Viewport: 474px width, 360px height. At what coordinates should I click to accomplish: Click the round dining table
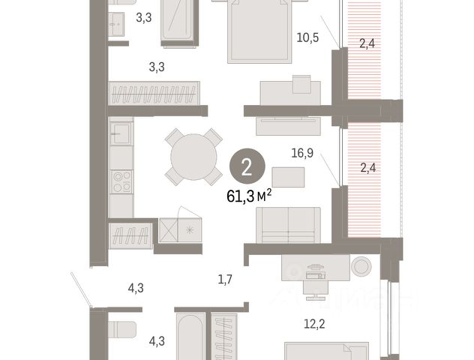pyautogui.click(x=193, y=157)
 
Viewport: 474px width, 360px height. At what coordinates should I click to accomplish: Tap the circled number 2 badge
pyautogui.click(x=247, y=166)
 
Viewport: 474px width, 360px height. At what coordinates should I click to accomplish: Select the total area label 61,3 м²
pyautogui.click(x=249, y=196)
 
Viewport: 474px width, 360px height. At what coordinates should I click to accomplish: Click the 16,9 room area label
pyautogui.click(x=302, y=153)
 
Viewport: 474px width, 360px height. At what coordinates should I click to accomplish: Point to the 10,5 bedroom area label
pyautogui.click(x=307, y=37)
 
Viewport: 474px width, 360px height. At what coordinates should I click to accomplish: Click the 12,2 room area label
pyautogui.click(x=314, y=324)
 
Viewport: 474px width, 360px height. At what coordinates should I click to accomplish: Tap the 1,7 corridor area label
pyautogui.click(x=225, y=279)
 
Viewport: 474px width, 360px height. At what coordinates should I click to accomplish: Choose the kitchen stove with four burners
pyautogui.click(x=121, y=182)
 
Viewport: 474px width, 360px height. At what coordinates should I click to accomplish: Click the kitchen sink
pyautogui.click(x=121, y=133)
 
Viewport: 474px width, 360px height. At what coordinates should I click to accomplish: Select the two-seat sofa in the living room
pyautogui.click(x=288, y=225)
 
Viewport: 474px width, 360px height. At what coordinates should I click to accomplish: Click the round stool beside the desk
pyautogui.click(x=361, y=266)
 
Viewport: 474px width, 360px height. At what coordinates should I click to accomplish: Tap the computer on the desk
pyautogui.click(x=316, y=271)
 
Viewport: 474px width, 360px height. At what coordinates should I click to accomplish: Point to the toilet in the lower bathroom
pyautogui.click(x=122, y=329)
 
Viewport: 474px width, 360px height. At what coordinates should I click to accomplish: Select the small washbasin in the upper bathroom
pyautogui.click(x=116, y=24)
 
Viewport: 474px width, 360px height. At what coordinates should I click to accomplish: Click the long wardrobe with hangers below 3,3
pyautogui.click(x=154, y=94)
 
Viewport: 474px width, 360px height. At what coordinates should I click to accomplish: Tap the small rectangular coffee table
pyautogui.click(x=288, y=177)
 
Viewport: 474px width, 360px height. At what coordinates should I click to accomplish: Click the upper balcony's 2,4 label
pyautogui.click(x=367, y=43)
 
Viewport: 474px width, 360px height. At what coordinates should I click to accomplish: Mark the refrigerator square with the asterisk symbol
pyautogui.click(x=190, y=230)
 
